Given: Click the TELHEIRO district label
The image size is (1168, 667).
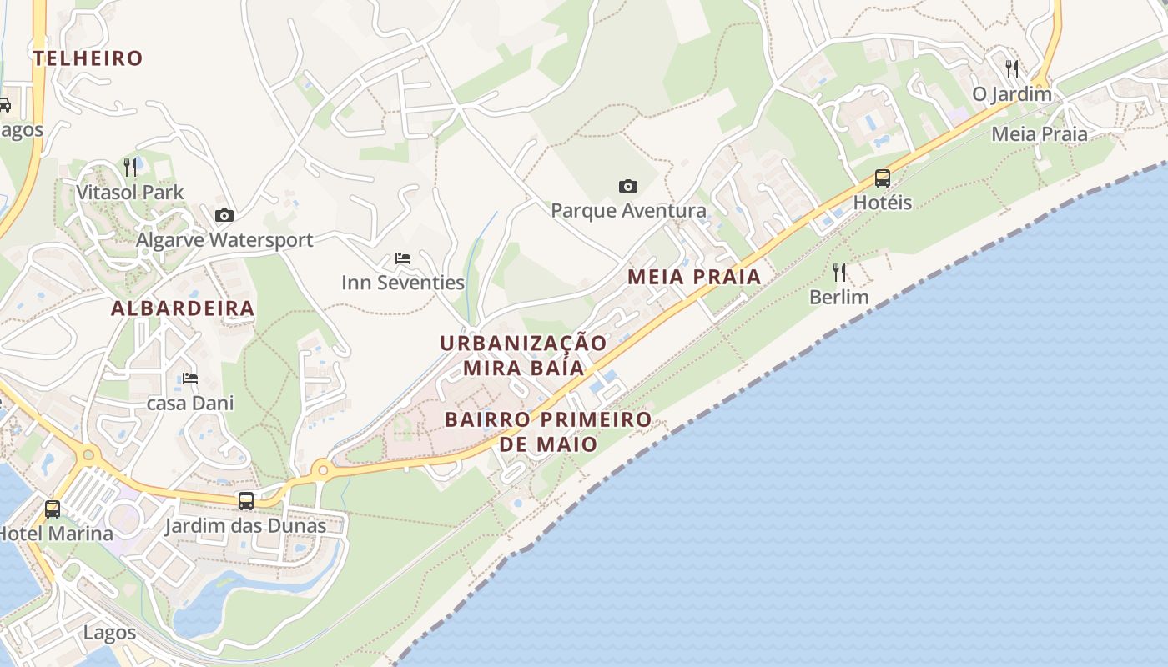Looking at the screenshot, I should [x=88, y=58].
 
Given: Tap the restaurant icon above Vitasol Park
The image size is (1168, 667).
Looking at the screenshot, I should [x=130, y=168].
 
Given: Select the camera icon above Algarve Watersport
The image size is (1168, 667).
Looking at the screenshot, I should [x=224, y=216].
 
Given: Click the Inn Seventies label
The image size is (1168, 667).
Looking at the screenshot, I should [x=403, y=283].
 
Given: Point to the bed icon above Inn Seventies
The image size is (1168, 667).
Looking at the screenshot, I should [x=403, y=258].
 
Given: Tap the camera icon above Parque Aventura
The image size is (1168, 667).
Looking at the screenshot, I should [x=628, y=186].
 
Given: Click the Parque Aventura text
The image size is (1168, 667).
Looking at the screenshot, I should [x=628, y=211].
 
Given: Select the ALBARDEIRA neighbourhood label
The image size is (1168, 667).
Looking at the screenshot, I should [x=183, y=308].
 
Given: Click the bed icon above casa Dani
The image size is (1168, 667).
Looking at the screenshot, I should [x=190, y=379].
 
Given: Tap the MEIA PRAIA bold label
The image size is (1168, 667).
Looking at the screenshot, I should [x=694, y=277].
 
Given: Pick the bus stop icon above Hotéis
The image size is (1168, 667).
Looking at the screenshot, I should [x=883, y=178].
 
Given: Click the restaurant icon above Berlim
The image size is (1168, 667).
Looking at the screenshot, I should [x=839, y=272].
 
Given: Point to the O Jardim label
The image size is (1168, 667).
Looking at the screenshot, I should [x=1012, y=93].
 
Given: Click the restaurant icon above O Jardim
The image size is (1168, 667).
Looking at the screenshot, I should [x=1012, y=68].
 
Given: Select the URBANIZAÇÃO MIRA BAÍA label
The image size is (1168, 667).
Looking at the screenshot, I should [x=523, y=355].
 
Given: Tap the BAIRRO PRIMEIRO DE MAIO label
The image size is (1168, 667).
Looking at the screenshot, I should [x=548, y=431].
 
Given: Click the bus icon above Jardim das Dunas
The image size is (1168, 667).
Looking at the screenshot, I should [x=246, y=501].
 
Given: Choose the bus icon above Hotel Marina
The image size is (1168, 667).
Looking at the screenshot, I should [x=53, y=509].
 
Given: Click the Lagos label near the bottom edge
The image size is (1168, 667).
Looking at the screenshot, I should [x=109, y=633].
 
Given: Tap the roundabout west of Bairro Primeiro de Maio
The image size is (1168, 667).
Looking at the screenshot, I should [x=323, y=471].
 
